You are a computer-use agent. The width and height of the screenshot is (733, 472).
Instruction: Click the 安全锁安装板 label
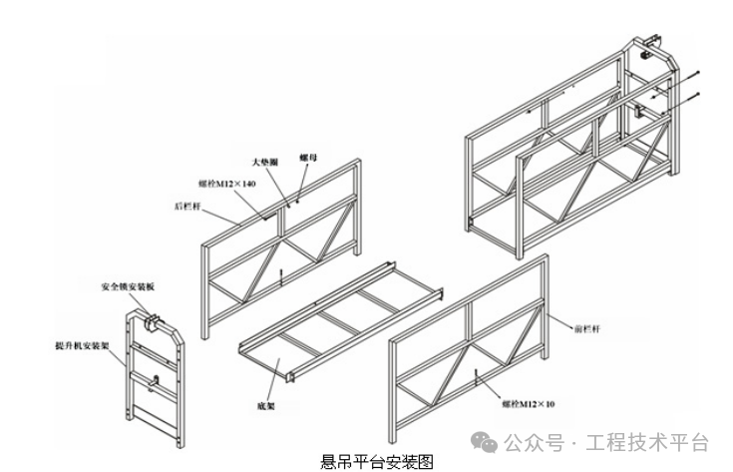[x=127, y=286]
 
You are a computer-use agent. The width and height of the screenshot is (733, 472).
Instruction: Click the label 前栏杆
[x=587, y=326]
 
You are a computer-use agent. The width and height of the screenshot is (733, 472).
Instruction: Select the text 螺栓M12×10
[x=531, y=404]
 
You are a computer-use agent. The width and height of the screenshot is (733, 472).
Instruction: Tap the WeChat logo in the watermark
[x=485, y=442]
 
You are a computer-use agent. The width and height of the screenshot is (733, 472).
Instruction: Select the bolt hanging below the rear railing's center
[x=282, y=277]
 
